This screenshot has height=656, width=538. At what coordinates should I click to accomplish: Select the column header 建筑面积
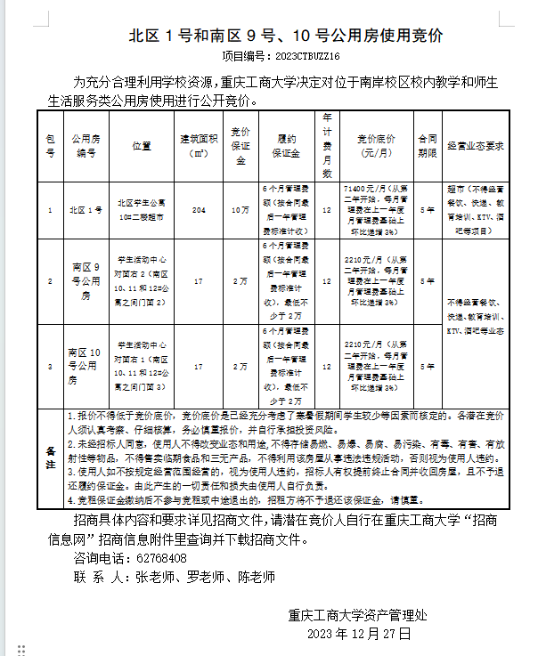tap(199, 145)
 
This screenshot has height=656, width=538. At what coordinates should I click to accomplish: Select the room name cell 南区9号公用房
tap(86, 280)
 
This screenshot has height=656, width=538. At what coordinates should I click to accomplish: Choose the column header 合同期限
tap(428, 146)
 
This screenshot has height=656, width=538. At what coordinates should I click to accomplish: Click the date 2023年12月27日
tap(358, 634)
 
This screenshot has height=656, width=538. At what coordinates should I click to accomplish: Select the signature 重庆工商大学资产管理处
tap(358, 614)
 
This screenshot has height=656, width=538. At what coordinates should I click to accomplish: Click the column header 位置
tap(142, 146)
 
